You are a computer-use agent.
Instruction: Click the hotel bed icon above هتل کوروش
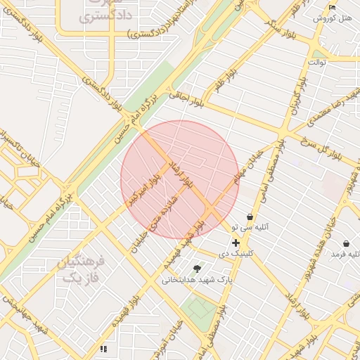[333, 7]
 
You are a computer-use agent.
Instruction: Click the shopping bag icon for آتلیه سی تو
[250, 217]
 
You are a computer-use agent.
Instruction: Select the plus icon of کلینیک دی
[236, 243]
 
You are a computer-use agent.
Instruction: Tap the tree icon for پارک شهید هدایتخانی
[197, 269]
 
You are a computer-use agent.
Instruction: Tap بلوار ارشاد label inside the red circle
[179, 173]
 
